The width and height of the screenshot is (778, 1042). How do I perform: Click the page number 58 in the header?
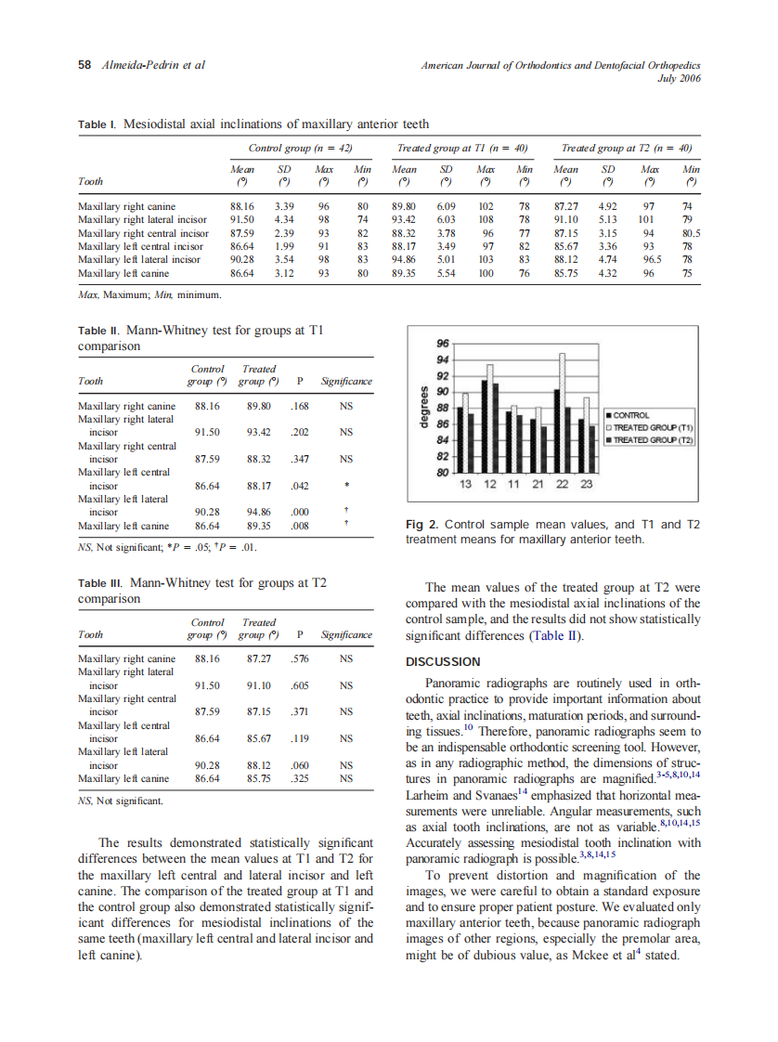pyautogui.click(x=84, y=65)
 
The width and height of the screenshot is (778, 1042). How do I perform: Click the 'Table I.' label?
pyautogui.click(x=97, y=124)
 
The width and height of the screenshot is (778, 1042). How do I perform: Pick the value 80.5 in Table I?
pyautogui.click(x=690, y=233)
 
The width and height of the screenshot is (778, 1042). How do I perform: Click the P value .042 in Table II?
pyautogui.click(x=300, y=485)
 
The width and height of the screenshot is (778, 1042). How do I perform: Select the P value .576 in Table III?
pyautogui.click(x=300, y=658)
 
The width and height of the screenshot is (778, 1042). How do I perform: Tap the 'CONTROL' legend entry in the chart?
pyautogui.click(x=632, y=415)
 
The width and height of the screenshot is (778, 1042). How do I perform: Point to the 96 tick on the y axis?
pyautogui.click(x=443, y=343)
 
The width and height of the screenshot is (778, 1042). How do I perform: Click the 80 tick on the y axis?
pyautogui.click(x=443, y=473)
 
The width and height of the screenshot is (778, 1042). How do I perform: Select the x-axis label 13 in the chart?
pyautogui.click(x=466, y=485)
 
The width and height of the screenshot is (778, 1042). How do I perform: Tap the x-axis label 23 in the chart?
pyautogui.click(x=586, y=485)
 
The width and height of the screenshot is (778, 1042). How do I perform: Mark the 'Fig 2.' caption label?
pyautogui.click(x=422, y=525)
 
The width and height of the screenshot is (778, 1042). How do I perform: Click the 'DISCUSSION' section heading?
pyautogui.click(x=443, y=662)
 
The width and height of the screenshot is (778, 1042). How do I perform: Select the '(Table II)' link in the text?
pyautogui.click(x=556, y=636)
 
